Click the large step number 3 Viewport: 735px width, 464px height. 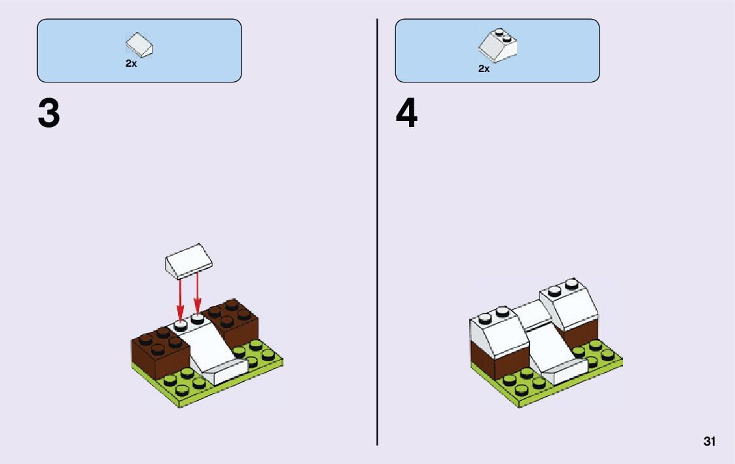49,114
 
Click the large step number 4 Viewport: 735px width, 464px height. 406,114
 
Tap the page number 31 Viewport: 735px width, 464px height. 709,442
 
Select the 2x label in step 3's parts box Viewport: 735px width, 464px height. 131,64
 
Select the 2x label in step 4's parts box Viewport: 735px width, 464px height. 484,68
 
